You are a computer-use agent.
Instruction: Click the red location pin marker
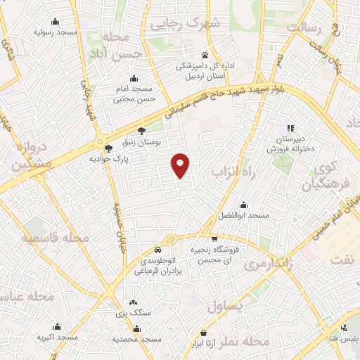(x=181, y=165)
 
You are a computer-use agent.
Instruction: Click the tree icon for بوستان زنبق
(x=141, y=130)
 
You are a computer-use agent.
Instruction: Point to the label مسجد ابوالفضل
(x=243, y=214)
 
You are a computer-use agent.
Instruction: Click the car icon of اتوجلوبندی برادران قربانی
(x=158, y=250)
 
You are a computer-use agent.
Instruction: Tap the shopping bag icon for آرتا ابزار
(x=203, y=333)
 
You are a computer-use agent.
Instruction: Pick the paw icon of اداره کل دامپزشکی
(x=205, y=55)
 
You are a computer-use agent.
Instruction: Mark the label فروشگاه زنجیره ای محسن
(x=216, y=255)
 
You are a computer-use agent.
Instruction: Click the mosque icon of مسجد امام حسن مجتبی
(x=133, y=77)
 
